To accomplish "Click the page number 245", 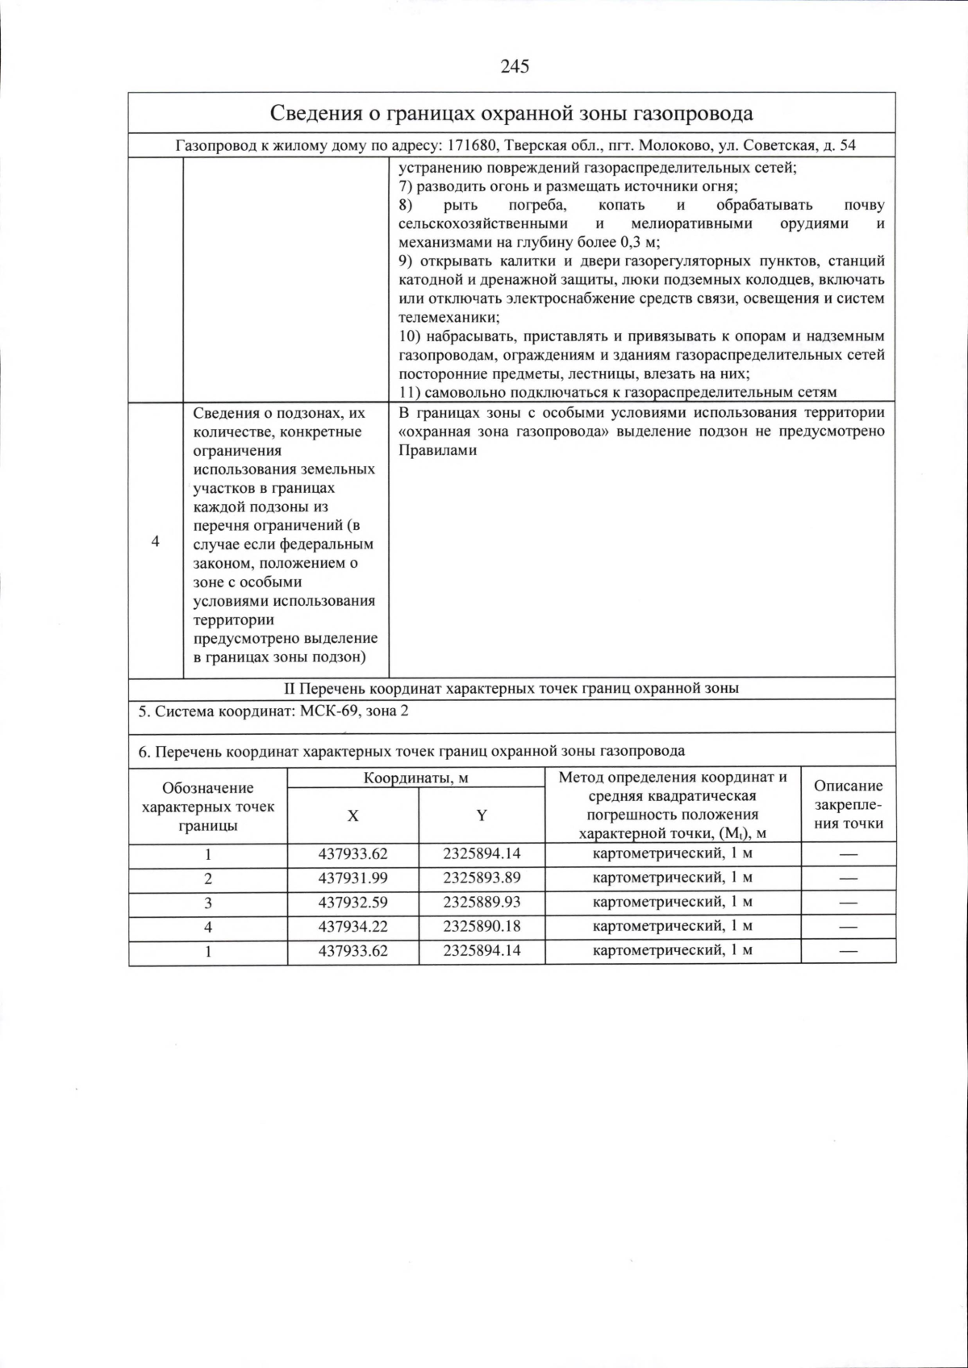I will [x=514, y=67].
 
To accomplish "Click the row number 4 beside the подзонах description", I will [x=155, y=541].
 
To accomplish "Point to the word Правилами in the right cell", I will [x=437, y=450].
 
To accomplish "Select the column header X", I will [x=353, y=815].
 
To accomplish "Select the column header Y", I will [x=482, y=815].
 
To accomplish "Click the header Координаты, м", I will [x=415, y=778].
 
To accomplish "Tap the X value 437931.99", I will [x=353, y=878].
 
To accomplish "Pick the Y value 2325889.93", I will [x=482, y=902].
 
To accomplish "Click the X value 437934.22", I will [x=353, y=926].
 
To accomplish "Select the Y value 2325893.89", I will [x=482, y=878].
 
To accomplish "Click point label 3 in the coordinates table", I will [x=208, y=903].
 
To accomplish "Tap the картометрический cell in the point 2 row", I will [x=672, y=878].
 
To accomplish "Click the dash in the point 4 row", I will [x=848, y=927].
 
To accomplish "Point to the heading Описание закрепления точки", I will [x=848, y=804].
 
